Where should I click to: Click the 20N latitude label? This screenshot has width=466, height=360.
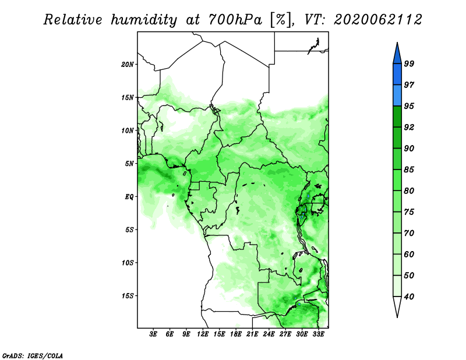point(128,65)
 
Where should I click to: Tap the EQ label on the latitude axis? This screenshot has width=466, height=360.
point(129,197)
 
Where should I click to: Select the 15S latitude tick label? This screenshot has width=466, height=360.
point(128,296)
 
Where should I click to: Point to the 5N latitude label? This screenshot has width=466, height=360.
point(129,164)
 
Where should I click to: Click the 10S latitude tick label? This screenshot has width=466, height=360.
point(128,263)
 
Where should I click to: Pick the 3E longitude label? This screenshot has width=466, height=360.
point(153,334)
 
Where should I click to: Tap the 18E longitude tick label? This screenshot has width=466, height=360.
point(236,334)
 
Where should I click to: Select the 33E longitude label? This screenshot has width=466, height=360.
point(318,334)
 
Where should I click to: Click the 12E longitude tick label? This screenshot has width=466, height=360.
point(203,334)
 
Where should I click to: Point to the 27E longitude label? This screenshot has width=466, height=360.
point(285,334)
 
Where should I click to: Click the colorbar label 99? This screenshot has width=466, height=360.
point(409,63)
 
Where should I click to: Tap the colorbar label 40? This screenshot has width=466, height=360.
point(409,297)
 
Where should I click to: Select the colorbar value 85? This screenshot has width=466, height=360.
point(409,170)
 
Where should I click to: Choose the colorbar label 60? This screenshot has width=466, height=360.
point(409,254)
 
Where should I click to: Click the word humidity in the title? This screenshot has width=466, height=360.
point(144,20)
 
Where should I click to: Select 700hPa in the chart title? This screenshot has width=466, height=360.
point(235,20)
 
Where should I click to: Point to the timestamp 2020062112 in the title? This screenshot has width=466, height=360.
point(378,20)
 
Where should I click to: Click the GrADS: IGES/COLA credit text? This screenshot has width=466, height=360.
point(33,356)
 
